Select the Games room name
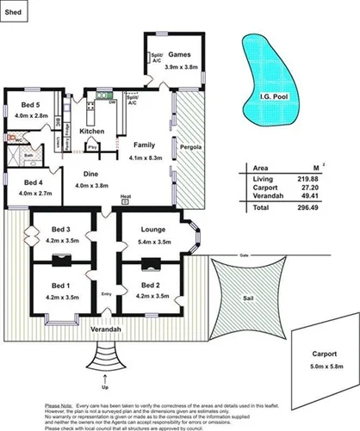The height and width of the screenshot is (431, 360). (179, 53)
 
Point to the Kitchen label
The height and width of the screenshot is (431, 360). (92, 131)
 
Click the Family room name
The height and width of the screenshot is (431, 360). (144, 145)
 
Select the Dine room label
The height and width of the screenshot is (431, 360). (91, 175)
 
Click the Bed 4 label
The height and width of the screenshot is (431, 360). (34, 182)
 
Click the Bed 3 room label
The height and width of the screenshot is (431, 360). (59, 230)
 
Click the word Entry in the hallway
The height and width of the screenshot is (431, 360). (107, 294)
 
